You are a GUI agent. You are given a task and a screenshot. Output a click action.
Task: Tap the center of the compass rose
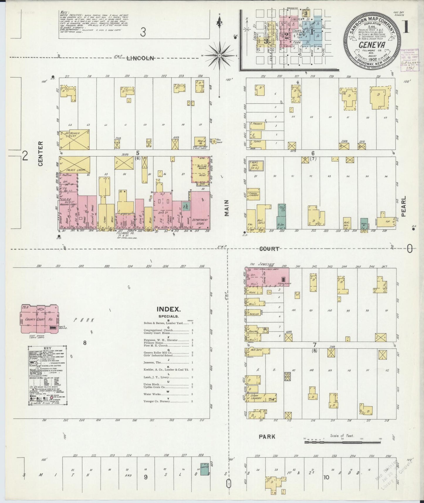click(219, 55)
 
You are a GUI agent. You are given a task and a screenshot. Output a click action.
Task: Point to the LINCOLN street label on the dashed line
click(140, 58)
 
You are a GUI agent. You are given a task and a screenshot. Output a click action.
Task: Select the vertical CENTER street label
click(40, 153)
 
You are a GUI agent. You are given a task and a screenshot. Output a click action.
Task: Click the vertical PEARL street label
click(403, 206)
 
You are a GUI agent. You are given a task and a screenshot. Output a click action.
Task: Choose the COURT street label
click(269, 249)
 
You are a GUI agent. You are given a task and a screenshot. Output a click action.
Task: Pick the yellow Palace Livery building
click(75, 166)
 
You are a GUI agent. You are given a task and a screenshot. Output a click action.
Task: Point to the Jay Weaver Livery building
click(75, 139)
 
